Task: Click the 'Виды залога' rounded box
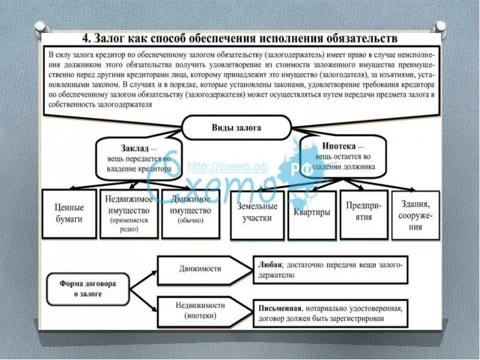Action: click(x=236, y=128)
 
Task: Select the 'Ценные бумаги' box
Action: click(x=69, y=214)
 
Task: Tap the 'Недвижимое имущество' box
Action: click(x=130, y=214)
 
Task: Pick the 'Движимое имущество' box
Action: click(x=190, y=214)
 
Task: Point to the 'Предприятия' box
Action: click(x=362, y=214)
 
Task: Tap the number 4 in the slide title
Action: click(x=86, y=40)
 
